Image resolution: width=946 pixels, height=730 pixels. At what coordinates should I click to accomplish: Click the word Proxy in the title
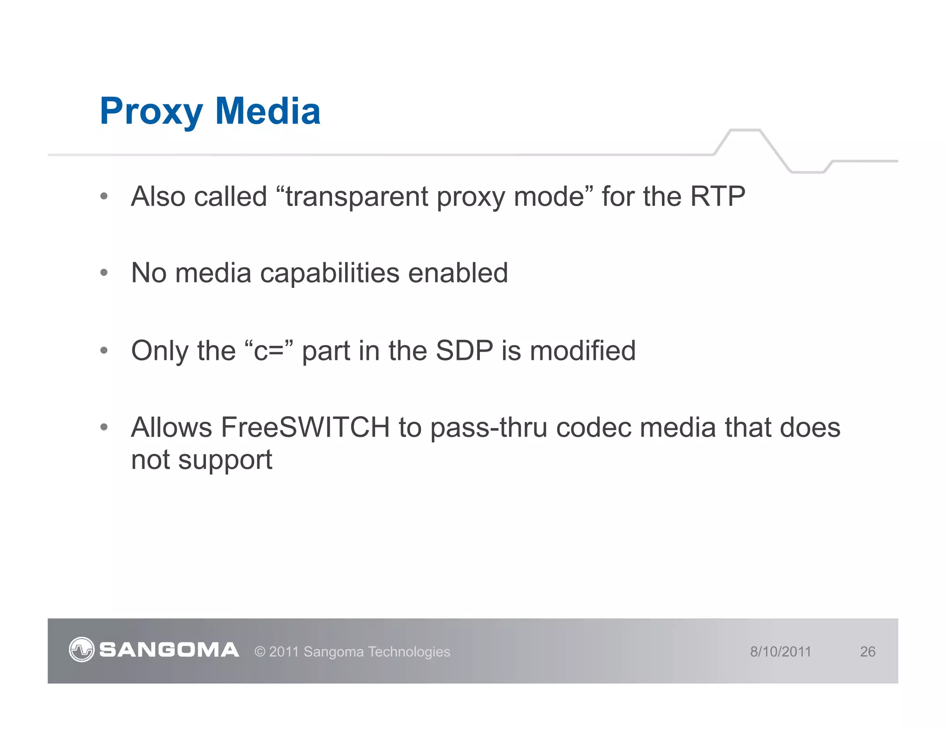pos(151,112)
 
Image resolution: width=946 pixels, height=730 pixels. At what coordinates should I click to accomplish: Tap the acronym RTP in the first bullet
pos(717,197)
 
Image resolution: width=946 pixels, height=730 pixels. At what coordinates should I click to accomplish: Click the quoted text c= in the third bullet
pos(268,351)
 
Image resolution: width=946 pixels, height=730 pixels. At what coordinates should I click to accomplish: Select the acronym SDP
pos(464,351)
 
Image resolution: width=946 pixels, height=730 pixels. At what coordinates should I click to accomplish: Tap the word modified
pos(582,351)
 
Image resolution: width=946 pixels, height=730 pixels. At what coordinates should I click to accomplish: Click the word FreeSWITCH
pos(305,427)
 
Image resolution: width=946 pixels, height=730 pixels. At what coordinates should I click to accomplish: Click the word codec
pos(593,427)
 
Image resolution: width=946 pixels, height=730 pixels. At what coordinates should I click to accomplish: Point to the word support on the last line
pos(225,461)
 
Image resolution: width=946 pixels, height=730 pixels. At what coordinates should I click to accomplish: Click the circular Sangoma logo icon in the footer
pos(81,650)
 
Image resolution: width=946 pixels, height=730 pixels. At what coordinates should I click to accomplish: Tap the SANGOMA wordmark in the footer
pos(169,650)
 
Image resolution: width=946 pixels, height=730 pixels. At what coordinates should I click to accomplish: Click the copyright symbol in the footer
pos(260,652)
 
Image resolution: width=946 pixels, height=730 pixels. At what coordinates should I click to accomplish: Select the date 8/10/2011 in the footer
pos(780,652)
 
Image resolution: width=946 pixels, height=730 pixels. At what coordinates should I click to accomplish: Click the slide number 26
pos(867,652)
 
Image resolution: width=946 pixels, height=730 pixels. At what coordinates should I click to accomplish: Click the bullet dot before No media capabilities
pos(104,273)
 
